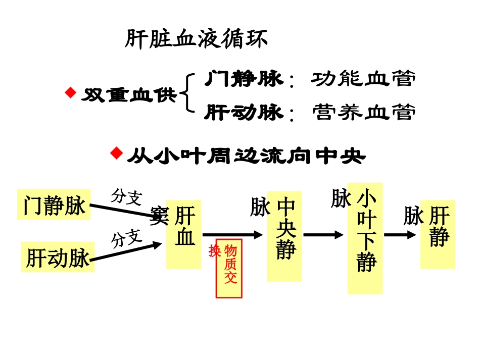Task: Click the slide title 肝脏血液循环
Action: (x=196, y=40)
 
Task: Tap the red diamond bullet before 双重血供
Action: (x=70, y=93)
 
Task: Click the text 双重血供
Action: (x=129, y=95)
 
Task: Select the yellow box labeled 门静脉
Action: (x=54, y=204)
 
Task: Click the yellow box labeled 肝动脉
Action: (x=58, y=258)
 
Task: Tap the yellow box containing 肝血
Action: (x=184, y=234)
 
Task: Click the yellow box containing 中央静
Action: (x=284, y=236)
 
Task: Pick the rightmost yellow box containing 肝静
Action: (x=438, y=234)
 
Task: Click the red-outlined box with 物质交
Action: (x=229, y=269)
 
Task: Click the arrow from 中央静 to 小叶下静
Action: (x=323, y=235)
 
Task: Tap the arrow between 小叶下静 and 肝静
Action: (x=401, y=235)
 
